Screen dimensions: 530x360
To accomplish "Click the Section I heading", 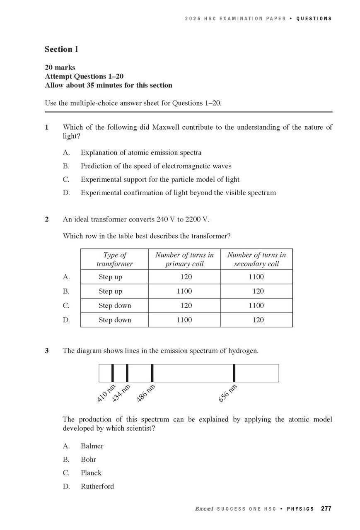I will point(61,49).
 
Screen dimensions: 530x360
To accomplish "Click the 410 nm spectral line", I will point(112,373).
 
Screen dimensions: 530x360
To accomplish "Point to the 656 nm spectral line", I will point(234,373).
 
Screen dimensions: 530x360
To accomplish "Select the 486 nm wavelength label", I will point(146,393).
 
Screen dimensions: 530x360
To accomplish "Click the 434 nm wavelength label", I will point(121,393).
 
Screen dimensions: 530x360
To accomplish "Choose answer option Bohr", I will point(88,460).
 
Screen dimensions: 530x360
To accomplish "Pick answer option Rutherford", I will point(97,487).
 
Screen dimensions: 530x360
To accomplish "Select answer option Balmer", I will point(92,446).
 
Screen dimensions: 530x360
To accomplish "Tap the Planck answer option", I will point(91,473).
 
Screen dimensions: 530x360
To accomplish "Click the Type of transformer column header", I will point(115,260).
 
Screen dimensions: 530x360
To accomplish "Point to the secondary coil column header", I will point(256,260).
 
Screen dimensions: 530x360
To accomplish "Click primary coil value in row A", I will point(184,277).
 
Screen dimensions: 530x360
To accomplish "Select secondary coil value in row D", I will point(258,320).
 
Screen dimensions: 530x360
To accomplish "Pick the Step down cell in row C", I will point(115,306).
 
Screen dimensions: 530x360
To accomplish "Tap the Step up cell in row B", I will point(110,291).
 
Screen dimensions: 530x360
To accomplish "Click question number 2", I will point(47,219).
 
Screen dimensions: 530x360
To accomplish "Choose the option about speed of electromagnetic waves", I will point(156,166).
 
